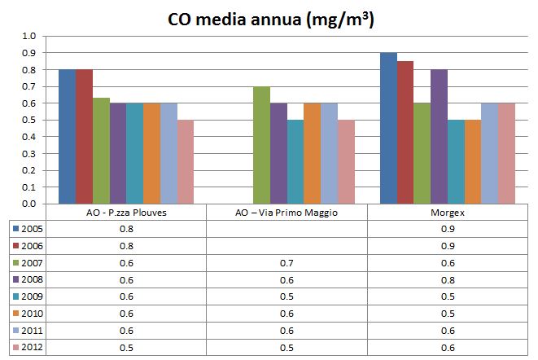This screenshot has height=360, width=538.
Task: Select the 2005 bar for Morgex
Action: click(389, 129)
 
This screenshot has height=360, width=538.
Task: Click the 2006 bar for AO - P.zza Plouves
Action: click(84, 137)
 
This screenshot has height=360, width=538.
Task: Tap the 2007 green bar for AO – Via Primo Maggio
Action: click(261, 145)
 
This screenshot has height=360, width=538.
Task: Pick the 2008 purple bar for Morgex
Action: click(440, 137)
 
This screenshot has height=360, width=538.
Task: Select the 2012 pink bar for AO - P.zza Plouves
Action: click(186, 162)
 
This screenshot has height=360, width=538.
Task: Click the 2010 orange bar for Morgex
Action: click(474, 162)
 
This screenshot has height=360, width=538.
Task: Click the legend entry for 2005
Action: click(28, 230)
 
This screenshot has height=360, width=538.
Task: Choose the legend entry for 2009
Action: click(28, 297)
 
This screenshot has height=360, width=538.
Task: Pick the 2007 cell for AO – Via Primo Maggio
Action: click(286, 263)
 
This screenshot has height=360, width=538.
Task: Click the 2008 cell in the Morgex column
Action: click(448, 280)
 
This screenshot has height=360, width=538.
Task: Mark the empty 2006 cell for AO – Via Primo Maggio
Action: click(286, 246)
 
